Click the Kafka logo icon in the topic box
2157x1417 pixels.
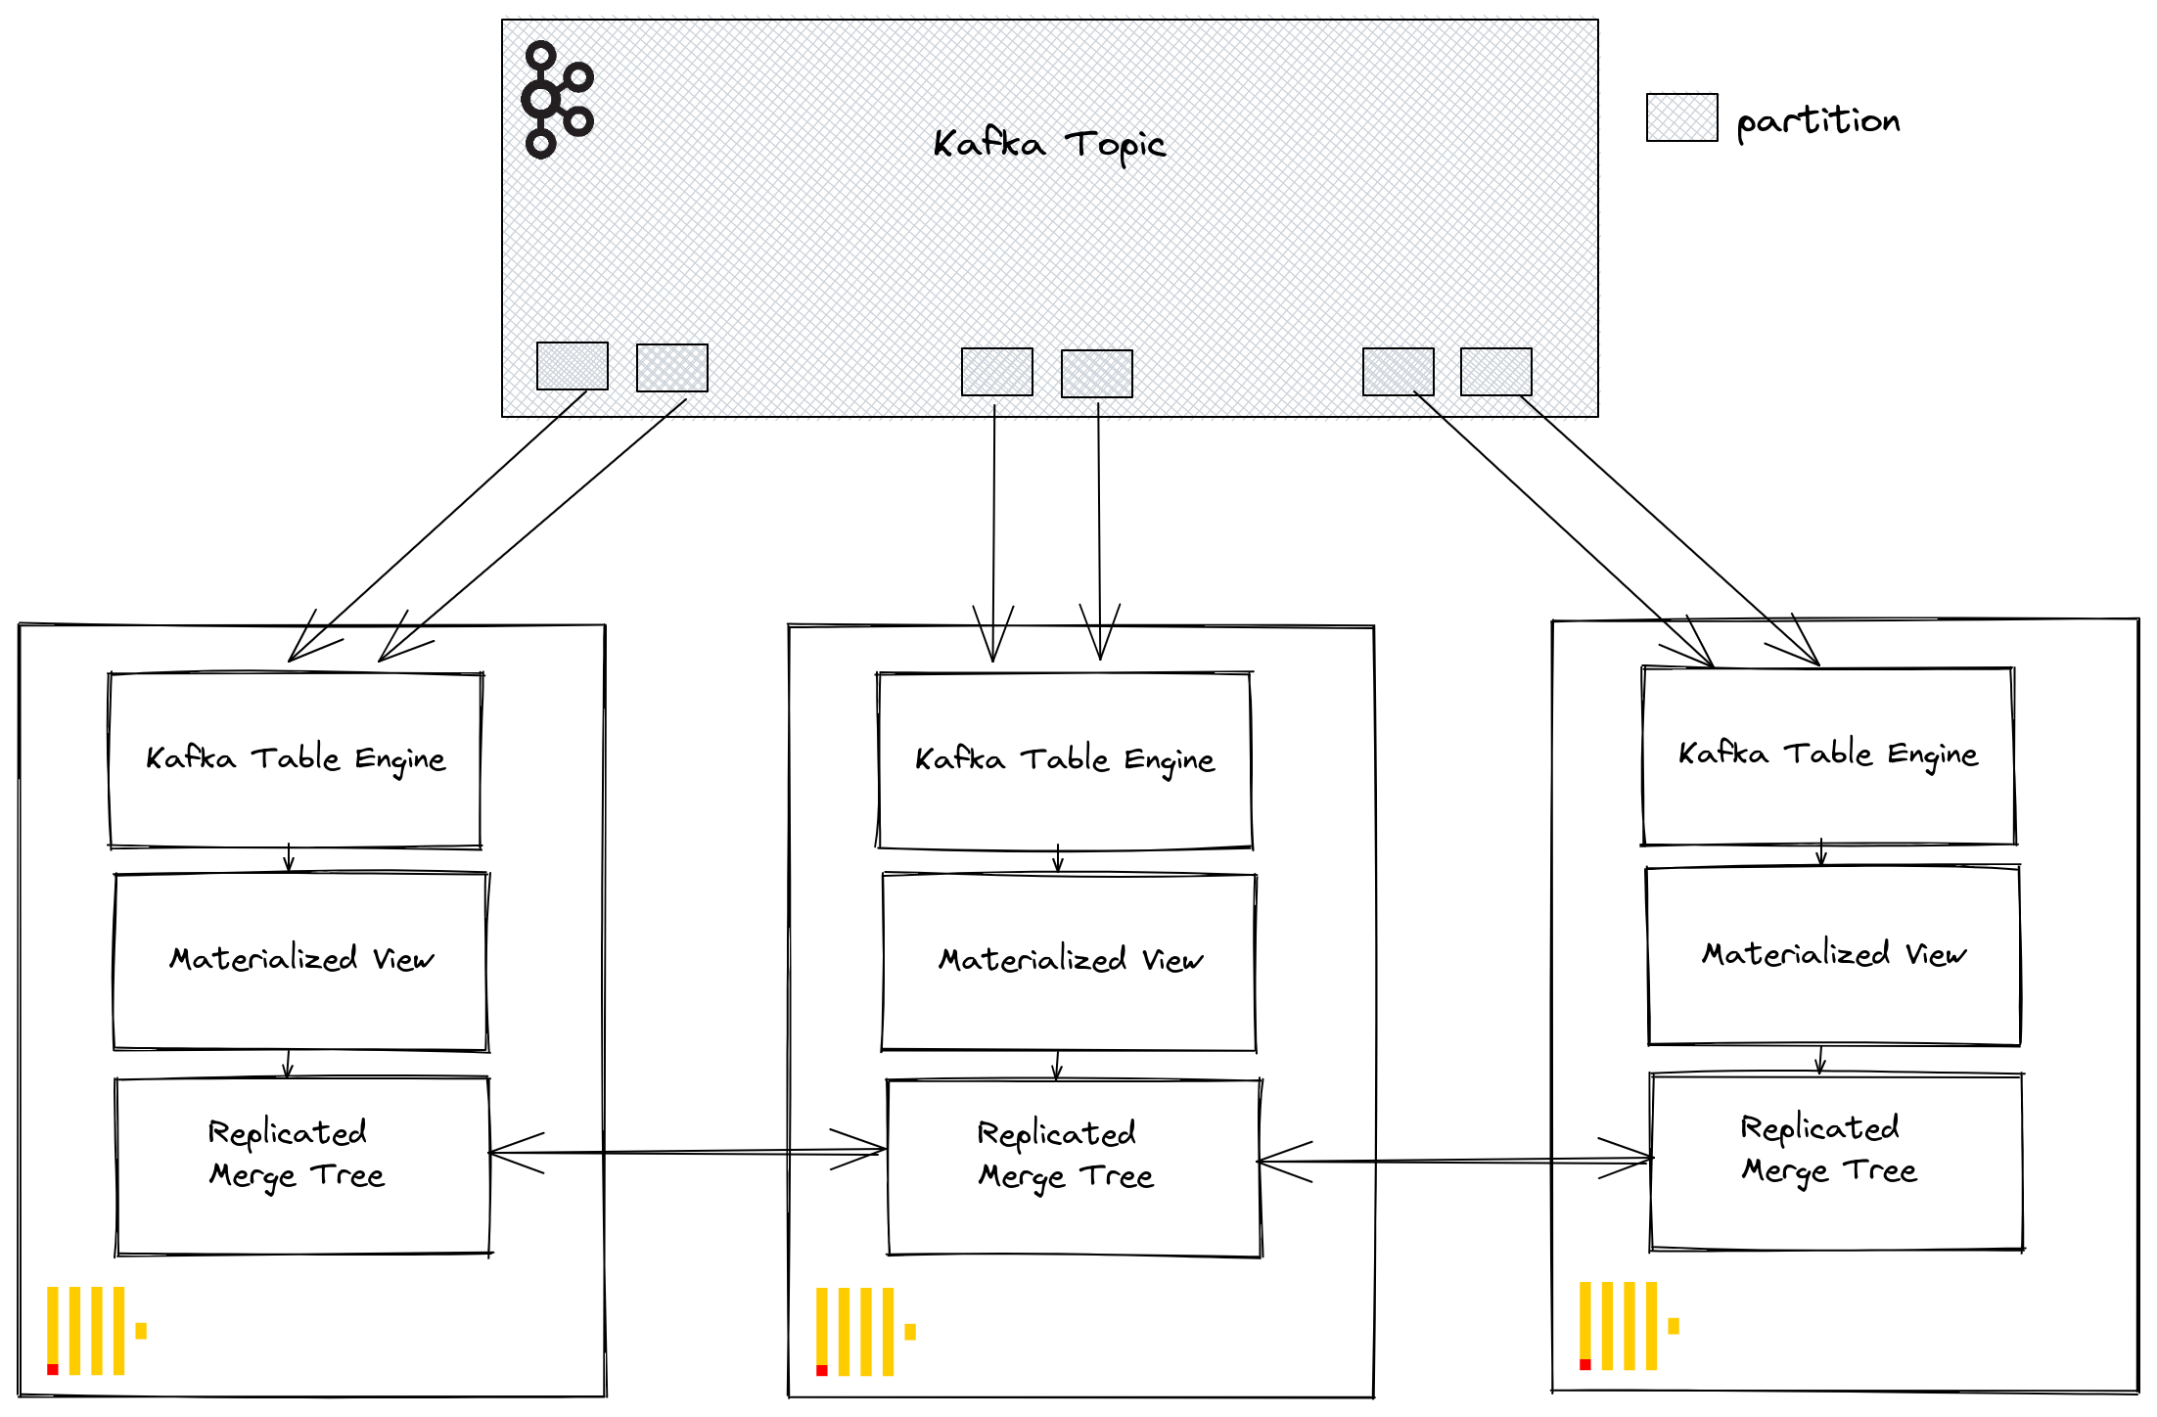point(557,99)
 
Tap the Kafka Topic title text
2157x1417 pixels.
point(1048,145)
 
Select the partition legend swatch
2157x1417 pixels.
point(1681,117)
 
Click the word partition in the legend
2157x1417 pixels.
point(1817,121)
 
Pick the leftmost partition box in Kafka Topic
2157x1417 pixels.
point(573,366)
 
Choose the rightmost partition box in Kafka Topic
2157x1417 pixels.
point(1495,372)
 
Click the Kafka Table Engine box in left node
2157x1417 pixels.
point(296,759)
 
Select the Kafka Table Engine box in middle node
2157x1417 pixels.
point(1065,760)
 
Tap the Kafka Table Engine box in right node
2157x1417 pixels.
point(1828,754)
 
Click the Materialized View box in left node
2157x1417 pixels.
point(300,960)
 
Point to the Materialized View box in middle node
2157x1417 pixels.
point(1070,961)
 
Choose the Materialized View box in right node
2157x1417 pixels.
point(1833,955)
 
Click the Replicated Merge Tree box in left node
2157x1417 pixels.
point(301,1165)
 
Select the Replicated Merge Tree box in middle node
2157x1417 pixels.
point(1073,1166)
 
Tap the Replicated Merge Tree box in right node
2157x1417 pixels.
point(1836,1161)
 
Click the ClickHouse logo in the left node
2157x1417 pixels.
point(96,1331)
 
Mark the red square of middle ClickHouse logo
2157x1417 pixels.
point(822,1370)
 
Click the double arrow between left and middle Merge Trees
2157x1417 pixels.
point(687,1152)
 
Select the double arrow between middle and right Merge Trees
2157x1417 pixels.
point(1454,1161)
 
